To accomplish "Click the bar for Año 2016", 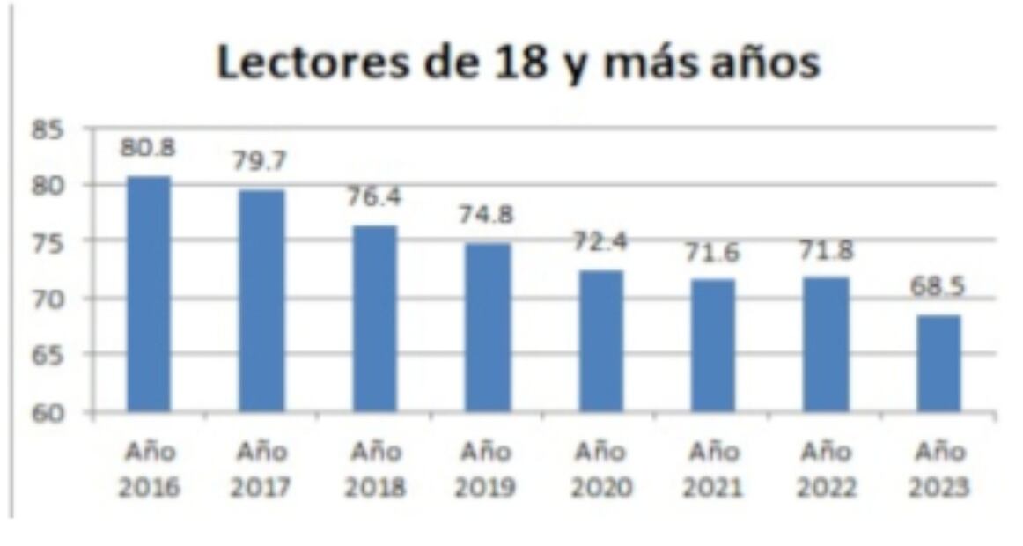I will click(x=149, y=293).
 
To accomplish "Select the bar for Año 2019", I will click(x=488, y=327).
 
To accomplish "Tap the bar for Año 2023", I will click(x=938, y=363).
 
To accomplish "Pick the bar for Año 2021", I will click(x=712, y=344).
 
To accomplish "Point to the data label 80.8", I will click(x=149, y=148).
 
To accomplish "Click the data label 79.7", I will click(x=261, y=161).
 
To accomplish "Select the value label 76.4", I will click(x=373, y=196).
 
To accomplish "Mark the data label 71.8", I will click(x=826, y=253).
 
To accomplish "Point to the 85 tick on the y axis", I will click(x=53, y=130).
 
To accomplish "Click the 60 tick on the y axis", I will click(x=53, y=412).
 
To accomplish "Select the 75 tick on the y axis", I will click(x=53, y=243).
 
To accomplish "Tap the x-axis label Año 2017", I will click(x=261, y=469).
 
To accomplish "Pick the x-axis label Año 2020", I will click(x=600, y=469).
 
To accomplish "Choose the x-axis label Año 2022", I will click(x=826, y=469).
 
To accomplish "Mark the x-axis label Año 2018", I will click(x=373, y=469).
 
